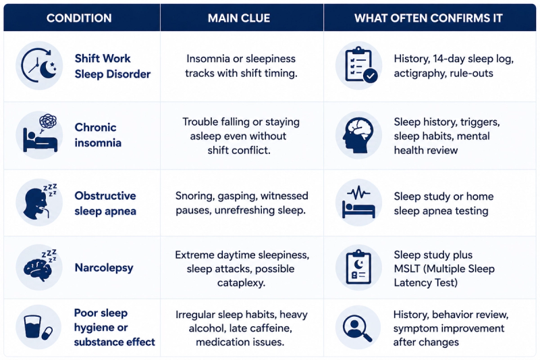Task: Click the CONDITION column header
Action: coord(79,18)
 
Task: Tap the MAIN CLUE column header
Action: coord(239,18)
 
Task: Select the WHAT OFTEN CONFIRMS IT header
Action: coord(429,18)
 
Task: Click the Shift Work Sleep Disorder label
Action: coord(113,66)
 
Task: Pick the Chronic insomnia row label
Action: coord(98,135)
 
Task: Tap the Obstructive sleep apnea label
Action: coord(105,203)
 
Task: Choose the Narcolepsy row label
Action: coord(104,267)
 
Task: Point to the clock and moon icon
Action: coord(39,66)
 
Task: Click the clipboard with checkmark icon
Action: coord(359,66)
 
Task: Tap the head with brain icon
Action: coord(359,135)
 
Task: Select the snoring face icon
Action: coord(39,203)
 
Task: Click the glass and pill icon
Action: coord(38,327)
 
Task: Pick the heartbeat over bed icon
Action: coord(359,203)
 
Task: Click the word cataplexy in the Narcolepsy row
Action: coord(241,283)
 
